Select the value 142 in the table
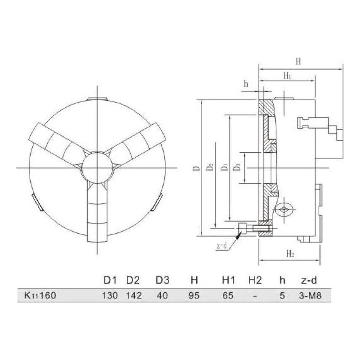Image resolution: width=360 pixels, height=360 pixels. tap(134, 295)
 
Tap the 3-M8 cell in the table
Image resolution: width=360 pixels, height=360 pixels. tap(311, 295)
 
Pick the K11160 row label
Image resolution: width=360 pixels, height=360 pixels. tap(39, 295)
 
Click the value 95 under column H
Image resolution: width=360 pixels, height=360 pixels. tap(193, 295)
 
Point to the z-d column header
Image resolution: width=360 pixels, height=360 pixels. tap(311, 280)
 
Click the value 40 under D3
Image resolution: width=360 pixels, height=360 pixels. tap(162, 295)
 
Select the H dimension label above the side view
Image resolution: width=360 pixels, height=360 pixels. tap(298, 62)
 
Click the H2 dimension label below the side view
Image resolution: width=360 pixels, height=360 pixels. tap(290, 254)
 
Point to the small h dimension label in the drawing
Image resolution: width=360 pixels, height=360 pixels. tap(246, 84)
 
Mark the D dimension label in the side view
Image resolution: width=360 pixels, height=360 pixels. tap(196, 168)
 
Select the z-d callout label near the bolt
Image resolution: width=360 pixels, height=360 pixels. tap(222, 246)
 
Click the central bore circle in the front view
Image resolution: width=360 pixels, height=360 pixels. tap(97, 167)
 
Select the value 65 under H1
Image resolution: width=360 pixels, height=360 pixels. tap(227, 295)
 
